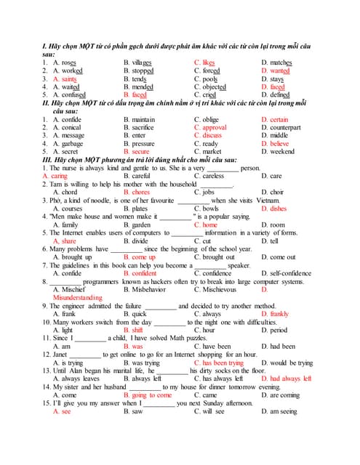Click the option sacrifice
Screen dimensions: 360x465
143,127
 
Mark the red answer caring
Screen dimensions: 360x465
55,176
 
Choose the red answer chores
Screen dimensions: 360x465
141,193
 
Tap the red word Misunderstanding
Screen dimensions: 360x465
78,297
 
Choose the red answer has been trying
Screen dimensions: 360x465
223,363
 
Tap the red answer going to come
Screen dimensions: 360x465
152,395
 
